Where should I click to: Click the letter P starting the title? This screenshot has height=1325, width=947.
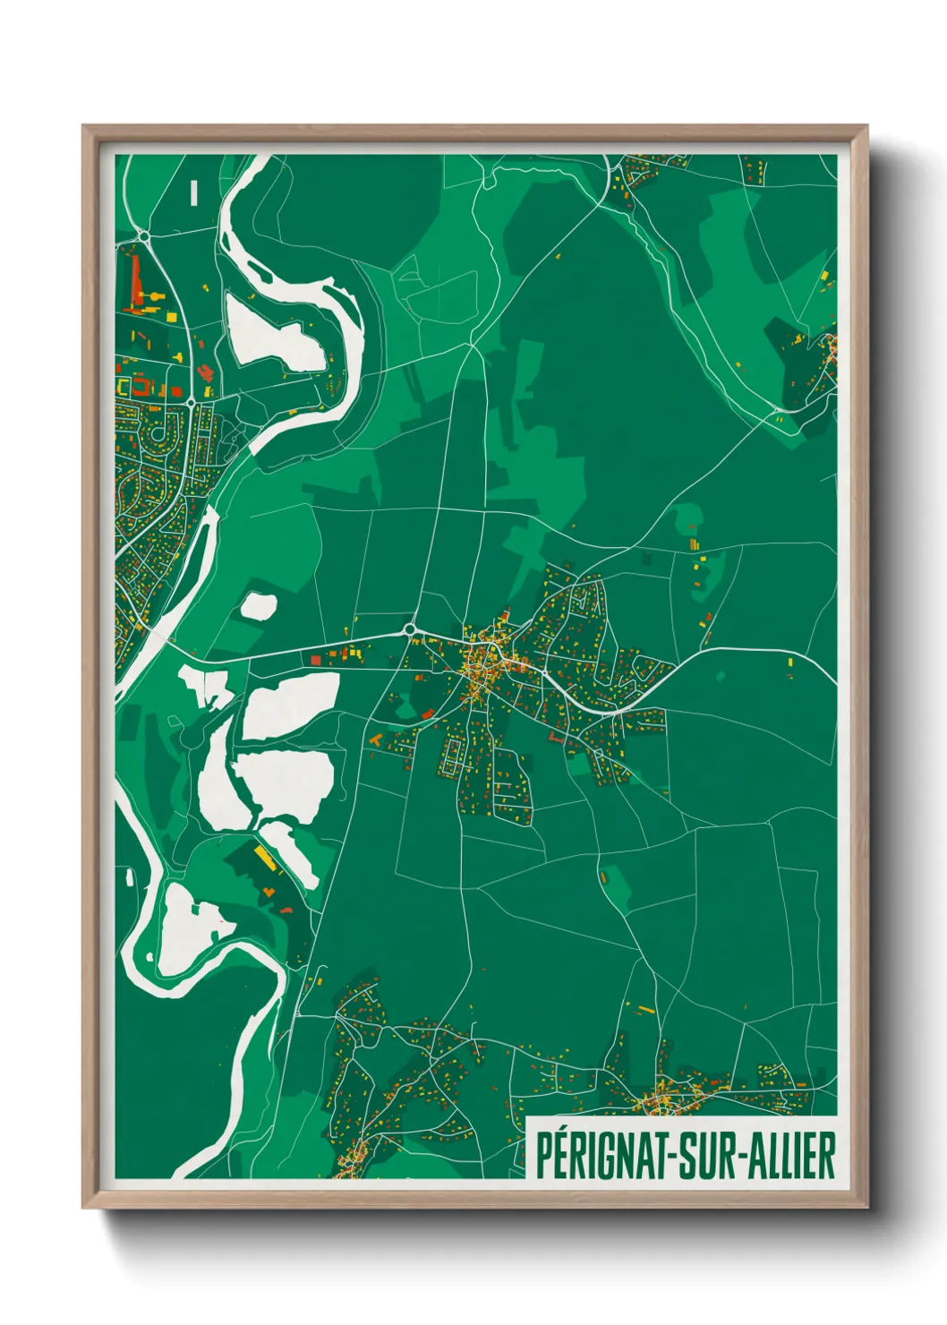pos(542,1156)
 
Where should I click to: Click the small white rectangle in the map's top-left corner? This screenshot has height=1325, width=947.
pos(194,192)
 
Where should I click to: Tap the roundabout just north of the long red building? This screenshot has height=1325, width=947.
pos(142,236)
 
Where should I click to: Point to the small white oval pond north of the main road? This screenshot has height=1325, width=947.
pos(259,606)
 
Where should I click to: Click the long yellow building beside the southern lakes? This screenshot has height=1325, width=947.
pos(263,857)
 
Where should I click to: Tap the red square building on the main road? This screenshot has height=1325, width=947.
pos(315,660)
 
